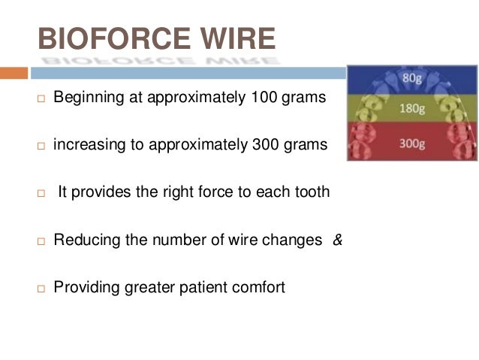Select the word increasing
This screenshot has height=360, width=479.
(x=86, y=144)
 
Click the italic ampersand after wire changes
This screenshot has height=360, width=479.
(x=337, y=240)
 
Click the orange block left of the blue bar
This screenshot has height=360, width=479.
(x=14, y=73)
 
